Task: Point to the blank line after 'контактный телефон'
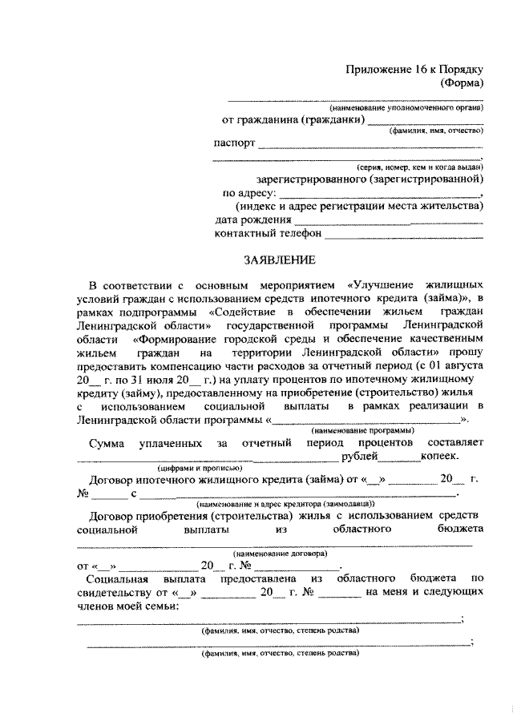click(x=404, y=236)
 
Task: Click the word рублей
click(x=359, y=457)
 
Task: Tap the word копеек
click(x=440, y=457)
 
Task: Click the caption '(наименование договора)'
click(x=279, y=554)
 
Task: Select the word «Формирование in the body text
click(x=176, y=339)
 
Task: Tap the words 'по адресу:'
click(x=249, y=193)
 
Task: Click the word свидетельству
click(x=113, y=592)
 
